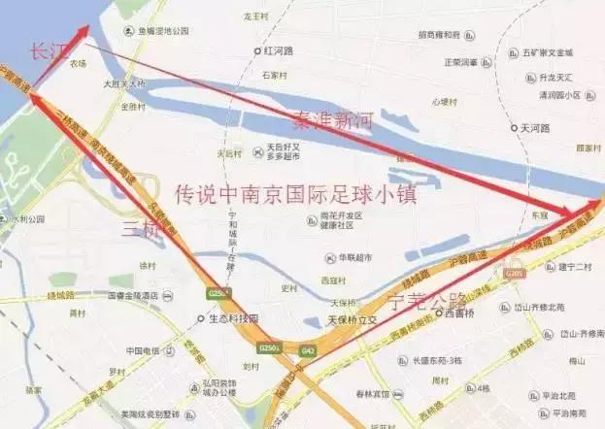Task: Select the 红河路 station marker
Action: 258,49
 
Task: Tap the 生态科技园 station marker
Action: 202,318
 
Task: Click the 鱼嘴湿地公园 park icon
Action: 129,30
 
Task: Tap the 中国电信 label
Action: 142,350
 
